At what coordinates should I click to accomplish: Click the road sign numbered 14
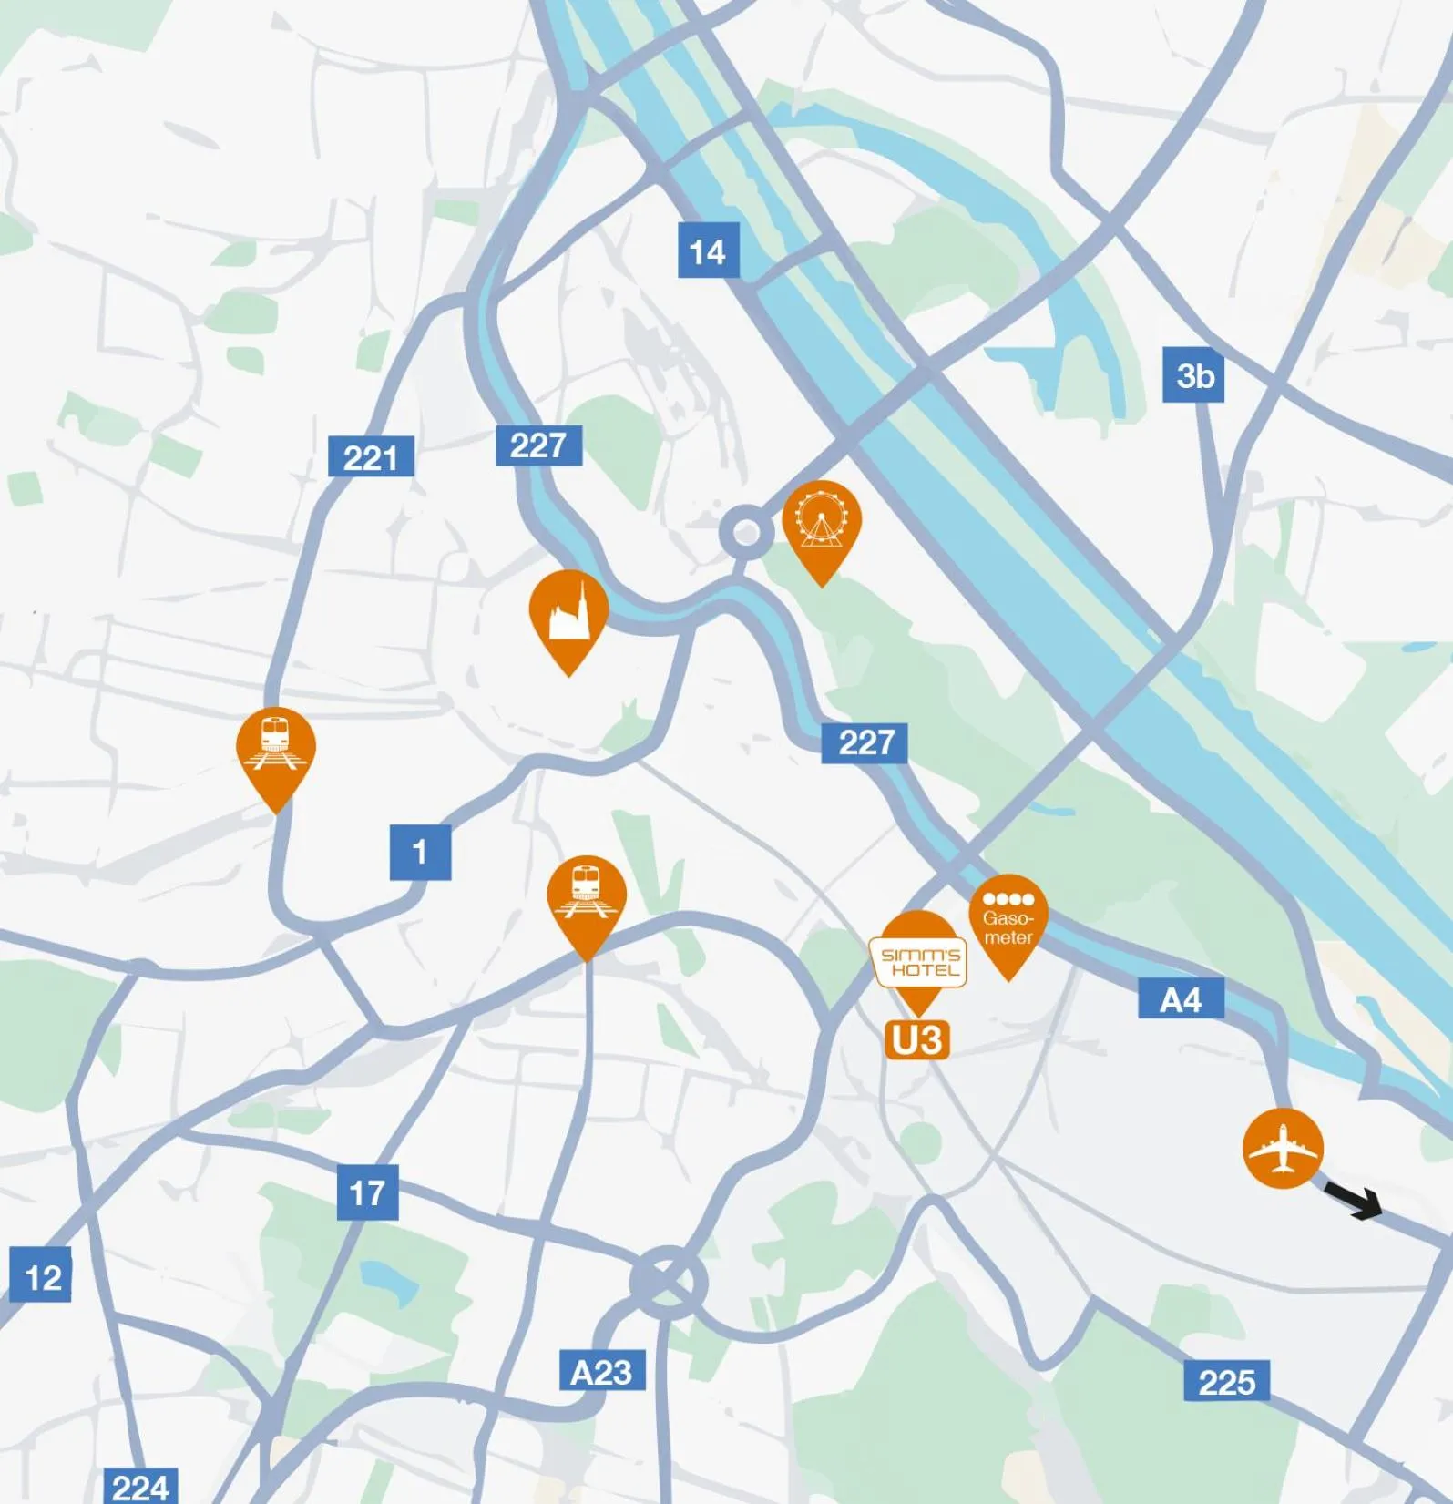point(708,251)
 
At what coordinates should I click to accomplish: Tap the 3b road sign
point(1193,375)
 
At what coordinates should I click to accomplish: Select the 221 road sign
point(371,456)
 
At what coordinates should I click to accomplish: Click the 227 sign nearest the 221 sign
point(538,445)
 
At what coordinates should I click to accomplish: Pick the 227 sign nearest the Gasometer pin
point(864,742)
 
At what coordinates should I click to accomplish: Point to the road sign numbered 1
point(420,853)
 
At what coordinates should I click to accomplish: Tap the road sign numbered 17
point(367,1192)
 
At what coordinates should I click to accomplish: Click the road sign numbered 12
point(41,1275)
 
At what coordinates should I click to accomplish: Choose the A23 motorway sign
point(601,1371)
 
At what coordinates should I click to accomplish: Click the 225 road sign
point(1226,1382)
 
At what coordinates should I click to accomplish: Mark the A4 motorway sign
point(1181,999)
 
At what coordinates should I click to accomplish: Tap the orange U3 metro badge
point(917,1039)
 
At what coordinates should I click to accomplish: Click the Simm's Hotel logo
point(919,962)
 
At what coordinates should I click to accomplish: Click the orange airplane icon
point(1282,1148)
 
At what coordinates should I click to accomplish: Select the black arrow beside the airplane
point(1356,1202)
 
